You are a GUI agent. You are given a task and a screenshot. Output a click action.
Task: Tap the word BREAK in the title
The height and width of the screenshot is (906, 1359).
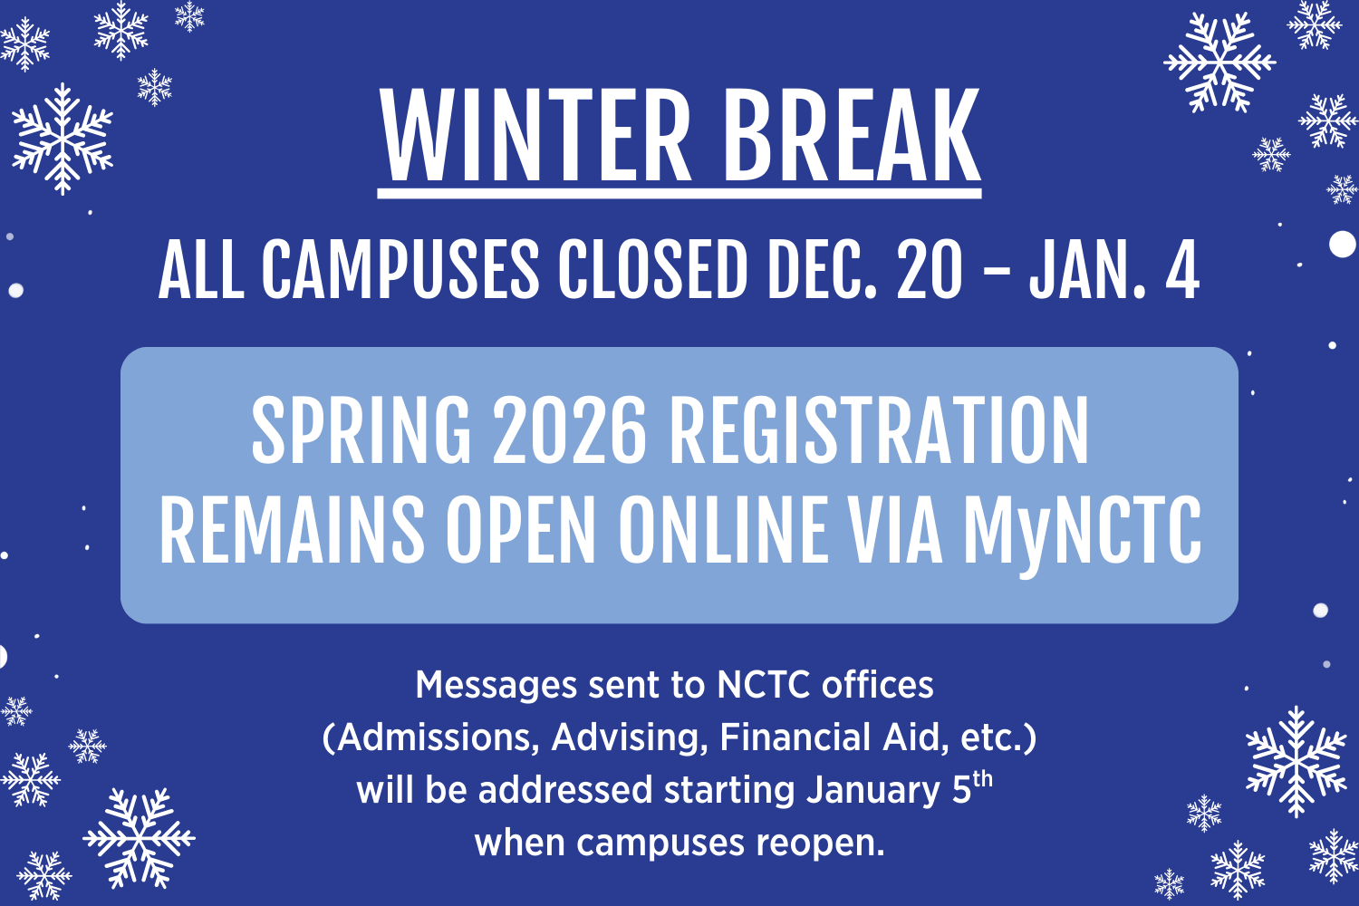point(852,135)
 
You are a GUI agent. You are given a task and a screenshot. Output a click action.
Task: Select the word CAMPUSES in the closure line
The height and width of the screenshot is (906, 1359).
point(400,269)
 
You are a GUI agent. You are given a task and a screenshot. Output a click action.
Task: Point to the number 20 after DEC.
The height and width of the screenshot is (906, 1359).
point(930,269)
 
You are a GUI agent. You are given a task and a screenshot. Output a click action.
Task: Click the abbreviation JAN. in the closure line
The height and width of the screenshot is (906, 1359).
point(1087,269)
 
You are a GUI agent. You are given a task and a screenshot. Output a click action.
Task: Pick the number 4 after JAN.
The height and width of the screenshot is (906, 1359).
point(1181,269)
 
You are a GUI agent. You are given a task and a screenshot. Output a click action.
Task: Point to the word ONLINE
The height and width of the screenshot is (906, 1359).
point(723,529)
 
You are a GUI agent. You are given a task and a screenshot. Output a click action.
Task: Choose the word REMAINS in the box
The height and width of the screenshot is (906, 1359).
point(292,529)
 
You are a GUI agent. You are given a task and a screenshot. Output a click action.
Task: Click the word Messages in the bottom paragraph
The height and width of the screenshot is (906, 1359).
point(496,686)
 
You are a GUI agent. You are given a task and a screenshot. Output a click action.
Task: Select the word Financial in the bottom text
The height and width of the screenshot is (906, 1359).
point(795,737)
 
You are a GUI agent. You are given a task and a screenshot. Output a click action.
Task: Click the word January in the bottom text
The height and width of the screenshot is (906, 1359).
point(873,791)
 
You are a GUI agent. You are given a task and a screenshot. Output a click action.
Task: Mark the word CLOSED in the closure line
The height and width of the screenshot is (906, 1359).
point(652,269)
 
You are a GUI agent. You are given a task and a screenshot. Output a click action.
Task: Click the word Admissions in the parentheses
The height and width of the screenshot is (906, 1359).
point(430,738)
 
